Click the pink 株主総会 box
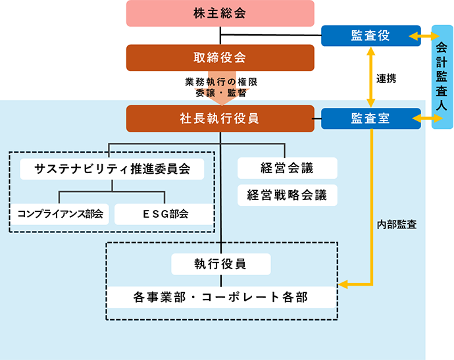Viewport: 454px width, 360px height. (220, 14)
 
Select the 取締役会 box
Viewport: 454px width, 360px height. (220, 57)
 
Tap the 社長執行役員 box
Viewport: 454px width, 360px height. (220, 118)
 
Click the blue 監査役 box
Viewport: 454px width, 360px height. (370, 36)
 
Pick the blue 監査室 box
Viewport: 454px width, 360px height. (370, 118)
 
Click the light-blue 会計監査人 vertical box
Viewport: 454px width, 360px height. (441, 77)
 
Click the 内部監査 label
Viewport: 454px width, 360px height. (396, 224)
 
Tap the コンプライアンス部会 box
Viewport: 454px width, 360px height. (60, 214)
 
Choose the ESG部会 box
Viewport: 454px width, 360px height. (164, 214)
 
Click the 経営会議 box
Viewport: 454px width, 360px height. (287, 168)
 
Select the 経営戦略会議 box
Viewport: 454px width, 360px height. (287, 195)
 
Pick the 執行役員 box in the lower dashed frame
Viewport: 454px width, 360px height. (220, 264)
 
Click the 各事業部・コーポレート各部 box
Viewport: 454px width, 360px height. (220, 297)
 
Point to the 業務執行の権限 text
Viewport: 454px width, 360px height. (220, 82)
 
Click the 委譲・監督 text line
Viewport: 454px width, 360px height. (220, 93)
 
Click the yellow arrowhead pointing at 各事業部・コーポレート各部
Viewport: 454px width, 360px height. (344, 286)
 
